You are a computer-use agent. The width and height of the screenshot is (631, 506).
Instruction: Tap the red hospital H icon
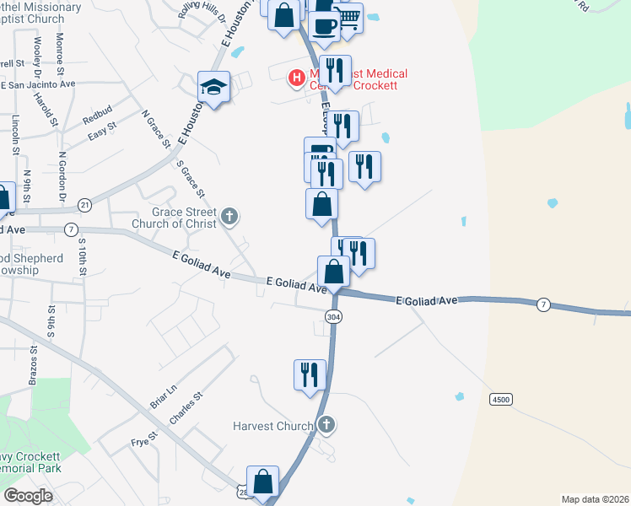pyautogui.click(x=296, y=79)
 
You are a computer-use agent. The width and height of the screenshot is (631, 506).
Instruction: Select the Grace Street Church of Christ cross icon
pyautogui.click(x=229, y=218)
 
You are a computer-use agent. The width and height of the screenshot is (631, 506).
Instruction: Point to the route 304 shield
pyautogui.click(x=333, y=315)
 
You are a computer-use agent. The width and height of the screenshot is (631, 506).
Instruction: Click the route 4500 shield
pyautogui.click(x=501, y=397)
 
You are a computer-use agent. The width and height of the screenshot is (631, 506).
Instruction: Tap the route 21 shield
pyautogui.click(x=84, y=205)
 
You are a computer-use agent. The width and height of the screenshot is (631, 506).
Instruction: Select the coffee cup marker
pyautogui.click(x=323, y=25)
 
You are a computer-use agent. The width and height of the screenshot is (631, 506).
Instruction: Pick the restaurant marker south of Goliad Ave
pyautogui.click(x=310, y=374)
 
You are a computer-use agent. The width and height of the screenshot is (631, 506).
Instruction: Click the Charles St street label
pyautogui.click(x=186, y=407)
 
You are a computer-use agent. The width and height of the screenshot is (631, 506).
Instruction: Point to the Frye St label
pyautogui.click(x=144, y=439)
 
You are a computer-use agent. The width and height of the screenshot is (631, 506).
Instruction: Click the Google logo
pyautogui.click(x=28, y=495)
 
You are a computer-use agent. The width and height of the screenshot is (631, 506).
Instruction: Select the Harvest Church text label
pyautogui.click(x=273, y=426)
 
